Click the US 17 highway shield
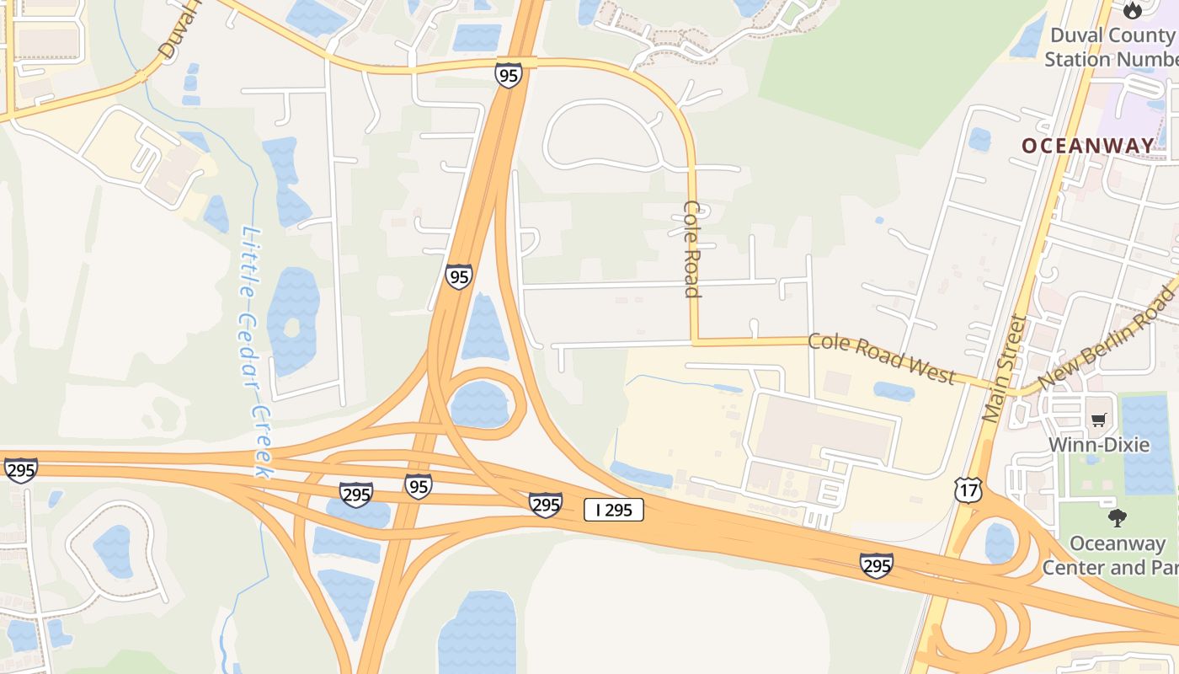pos(968,489)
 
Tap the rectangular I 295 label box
pos(614,509)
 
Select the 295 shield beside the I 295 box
pos(546,504)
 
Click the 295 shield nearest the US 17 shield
pos(877,565)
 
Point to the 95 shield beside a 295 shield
pos(418,485)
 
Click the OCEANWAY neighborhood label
pos(1088,146)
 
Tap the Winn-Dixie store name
pos(1099,444)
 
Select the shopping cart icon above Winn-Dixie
pos(1099,420)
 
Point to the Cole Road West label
pos(882,358)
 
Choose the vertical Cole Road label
pos(692,249)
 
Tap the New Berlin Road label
pos(1107,337)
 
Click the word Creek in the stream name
pos(262,441)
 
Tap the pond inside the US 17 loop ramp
pos(1000,543)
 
